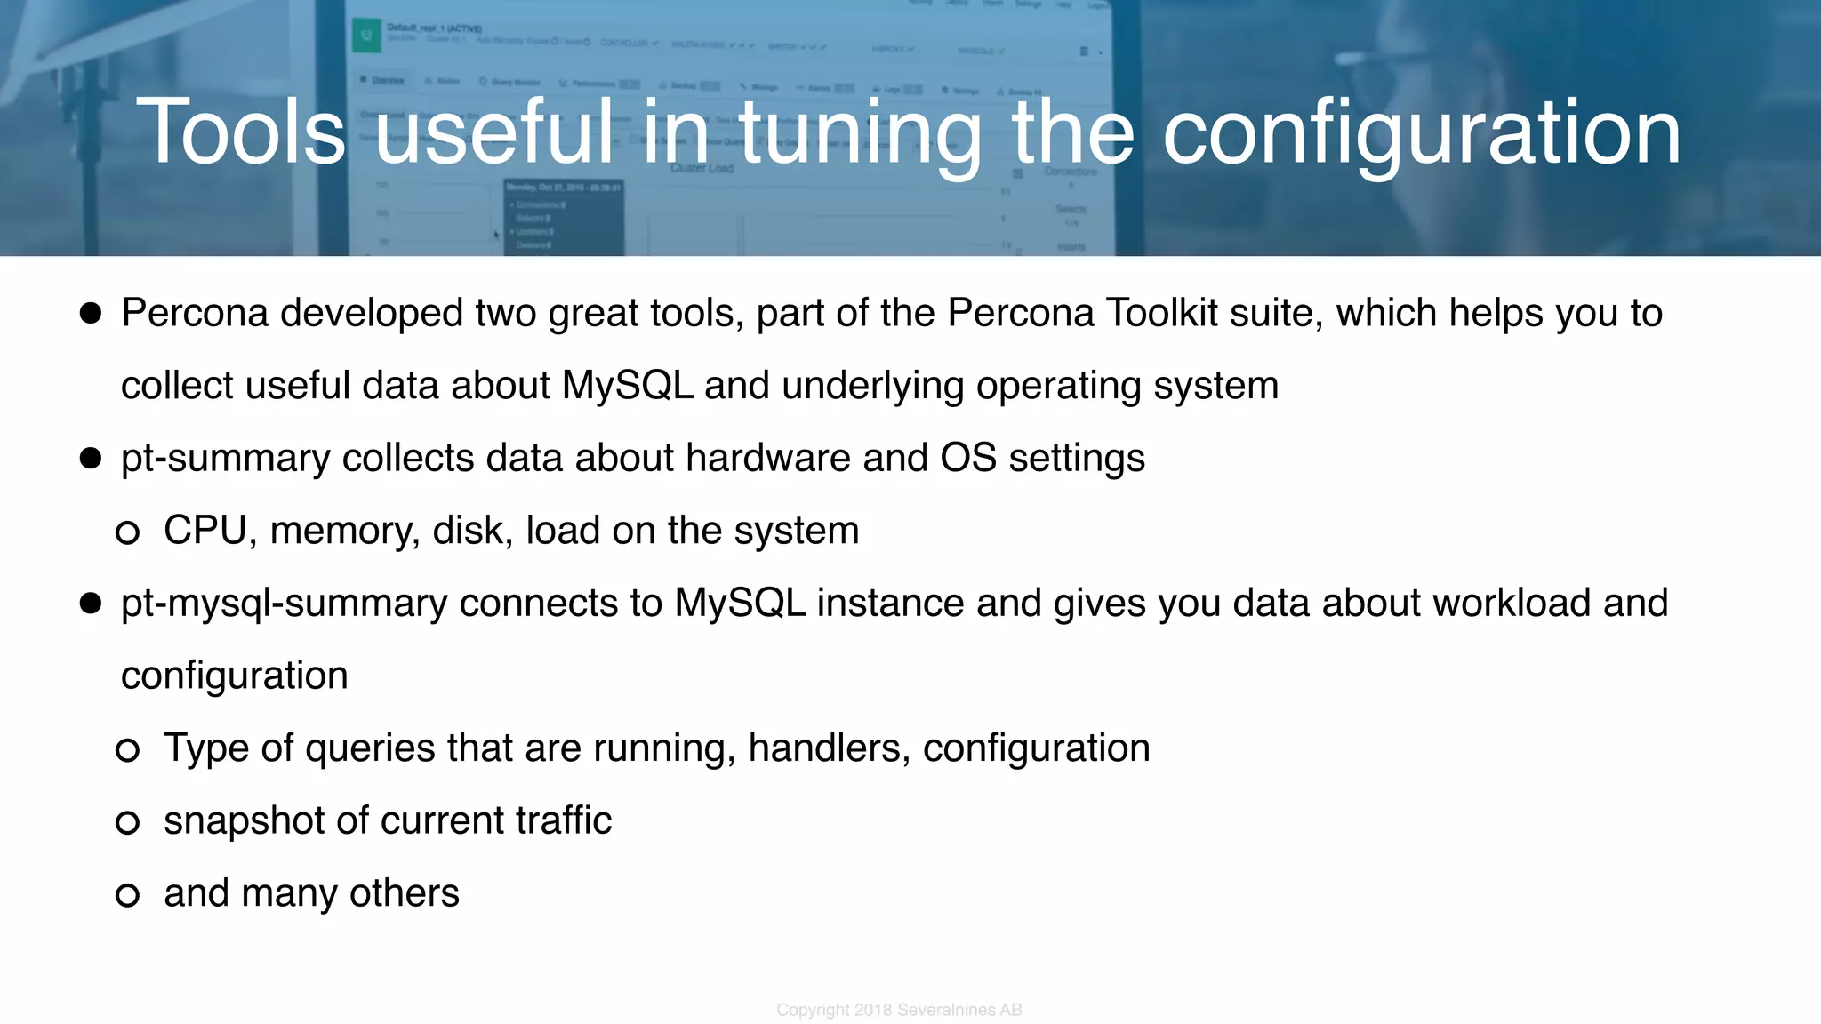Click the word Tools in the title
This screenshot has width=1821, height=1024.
tap(240, 132)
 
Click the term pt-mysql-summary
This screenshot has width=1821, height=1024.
tap(285, 604)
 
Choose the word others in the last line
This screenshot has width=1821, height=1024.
tap(405, 893)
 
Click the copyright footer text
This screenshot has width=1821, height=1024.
tap(899, 1010)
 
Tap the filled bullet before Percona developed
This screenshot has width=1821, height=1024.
tap(91, 313)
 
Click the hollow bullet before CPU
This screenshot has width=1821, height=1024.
tap(128, 532)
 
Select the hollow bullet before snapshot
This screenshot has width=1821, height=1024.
tap(128, 822)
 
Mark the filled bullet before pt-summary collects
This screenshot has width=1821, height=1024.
tap(91, 458)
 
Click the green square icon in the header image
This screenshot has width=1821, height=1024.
tap(365, 36)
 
